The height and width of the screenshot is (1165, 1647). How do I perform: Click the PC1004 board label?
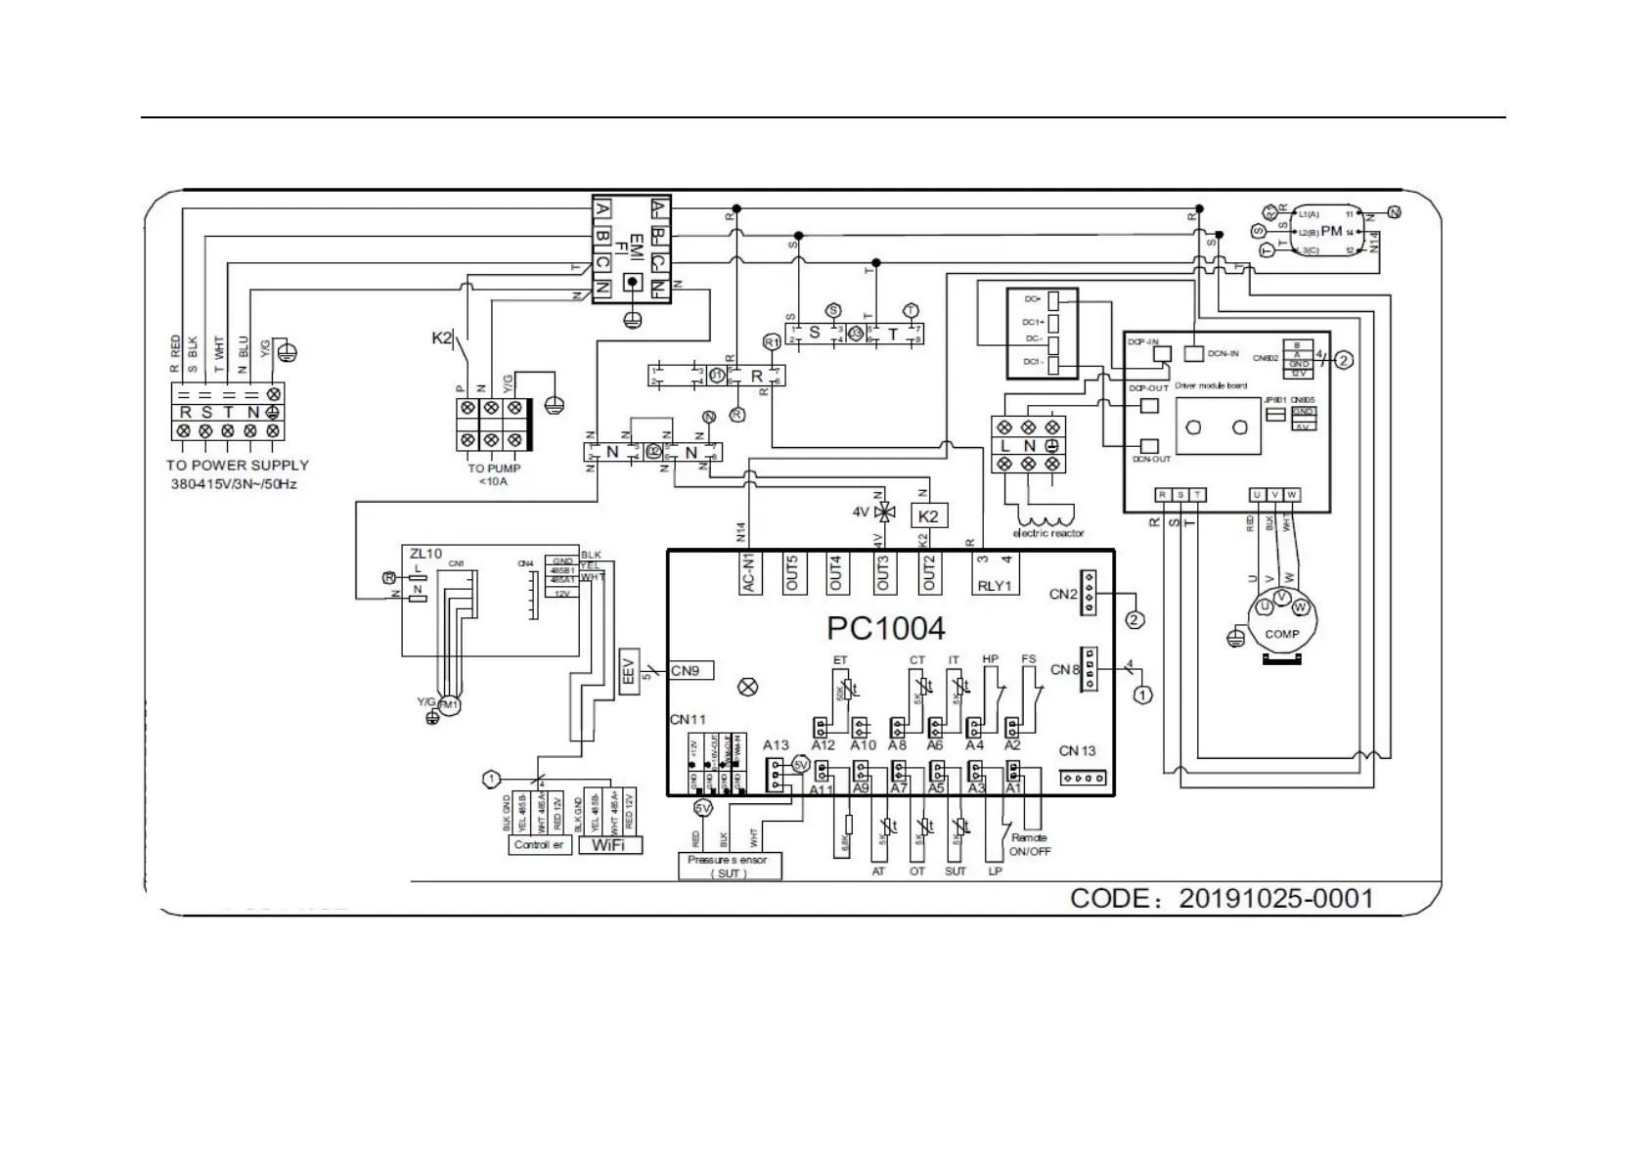886,627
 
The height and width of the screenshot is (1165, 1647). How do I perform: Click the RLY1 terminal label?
997,586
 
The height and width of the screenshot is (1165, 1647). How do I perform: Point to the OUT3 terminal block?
883,572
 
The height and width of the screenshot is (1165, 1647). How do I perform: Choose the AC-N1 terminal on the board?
748,572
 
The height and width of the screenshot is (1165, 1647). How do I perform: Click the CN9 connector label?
690,671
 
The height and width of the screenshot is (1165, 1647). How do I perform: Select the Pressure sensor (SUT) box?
730,866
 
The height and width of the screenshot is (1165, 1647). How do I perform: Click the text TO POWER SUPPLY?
238,466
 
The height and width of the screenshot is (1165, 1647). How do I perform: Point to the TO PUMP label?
494,469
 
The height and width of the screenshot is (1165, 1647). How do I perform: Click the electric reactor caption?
1047,534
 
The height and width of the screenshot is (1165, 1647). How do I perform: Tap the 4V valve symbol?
884,513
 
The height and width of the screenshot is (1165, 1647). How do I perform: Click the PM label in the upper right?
1331,232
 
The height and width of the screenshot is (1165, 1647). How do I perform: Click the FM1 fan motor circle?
449,705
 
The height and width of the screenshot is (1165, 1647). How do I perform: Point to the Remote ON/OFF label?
1029,844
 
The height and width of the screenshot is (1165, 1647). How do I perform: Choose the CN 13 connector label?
1077,751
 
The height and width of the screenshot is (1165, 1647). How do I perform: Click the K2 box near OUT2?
928,515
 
